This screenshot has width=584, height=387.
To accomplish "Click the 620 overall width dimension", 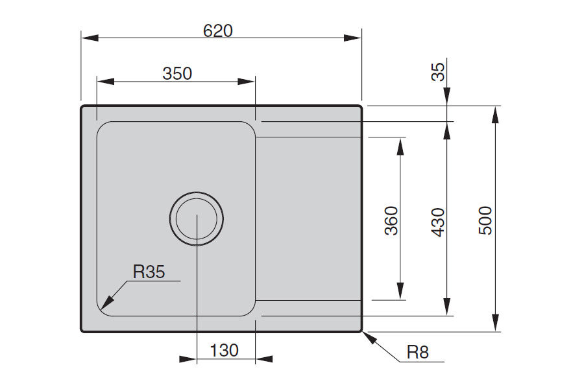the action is coord(218,30).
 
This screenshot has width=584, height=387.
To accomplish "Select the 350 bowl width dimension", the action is coord(177,74).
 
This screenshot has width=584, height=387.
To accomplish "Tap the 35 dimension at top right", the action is coord(438,72).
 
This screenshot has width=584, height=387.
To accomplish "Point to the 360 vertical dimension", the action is coord(391,220).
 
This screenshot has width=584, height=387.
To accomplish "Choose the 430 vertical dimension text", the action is coord(438,222).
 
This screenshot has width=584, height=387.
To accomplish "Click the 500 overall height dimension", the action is coord(485,220).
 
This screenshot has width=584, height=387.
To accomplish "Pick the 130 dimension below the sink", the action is coord(225,351).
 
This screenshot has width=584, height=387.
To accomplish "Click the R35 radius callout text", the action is coord(149,272).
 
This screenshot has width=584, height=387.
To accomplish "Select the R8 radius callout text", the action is coord(418,352).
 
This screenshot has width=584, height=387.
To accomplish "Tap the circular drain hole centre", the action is coord(197,219).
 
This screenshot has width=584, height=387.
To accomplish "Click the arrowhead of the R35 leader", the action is coord(107,303).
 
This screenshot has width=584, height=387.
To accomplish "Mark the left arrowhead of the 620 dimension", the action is coord(90,38).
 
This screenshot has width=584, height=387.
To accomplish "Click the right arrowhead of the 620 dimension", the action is coord(353,38).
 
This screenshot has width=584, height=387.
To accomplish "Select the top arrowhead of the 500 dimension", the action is coord(495,115).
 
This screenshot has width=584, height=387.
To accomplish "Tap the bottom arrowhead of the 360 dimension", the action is coord(400,291).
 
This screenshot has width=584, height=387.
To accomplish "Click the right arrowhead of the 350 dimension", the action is coord(246,82).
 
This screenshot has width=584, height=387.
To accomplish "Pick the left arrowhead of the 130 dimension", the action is coord(188,359).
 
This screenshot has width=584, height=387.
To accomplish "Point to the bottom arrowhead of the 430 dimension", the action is coord(447,307).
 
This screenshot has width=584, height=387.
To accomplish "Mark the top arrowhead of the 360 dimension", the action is coord(400,147).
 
